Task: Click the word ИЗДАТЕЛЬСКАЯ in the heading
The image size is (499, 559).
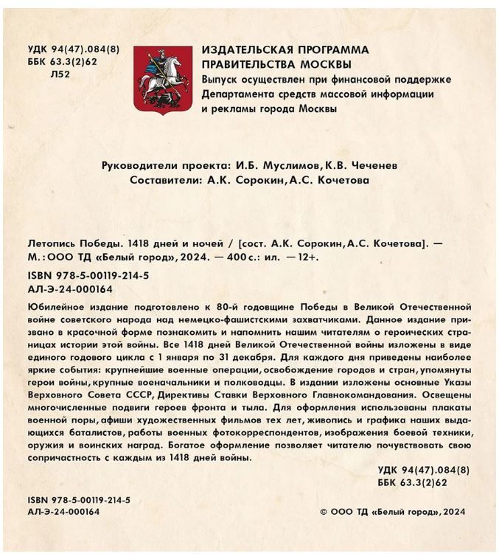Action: tap(252, 49)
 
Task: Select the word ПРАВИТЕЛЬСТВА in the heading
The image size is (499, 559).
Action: tap(247, 63)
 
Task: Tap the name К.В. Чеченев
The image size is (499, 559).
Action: tap(360, 166)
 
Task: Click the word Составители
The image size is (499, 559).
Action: tap(164, 180)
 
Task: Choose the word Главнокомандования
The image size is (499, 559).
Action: tap(373, 394)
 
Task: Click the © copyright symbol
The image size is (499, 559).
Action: tap(324, 511)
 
